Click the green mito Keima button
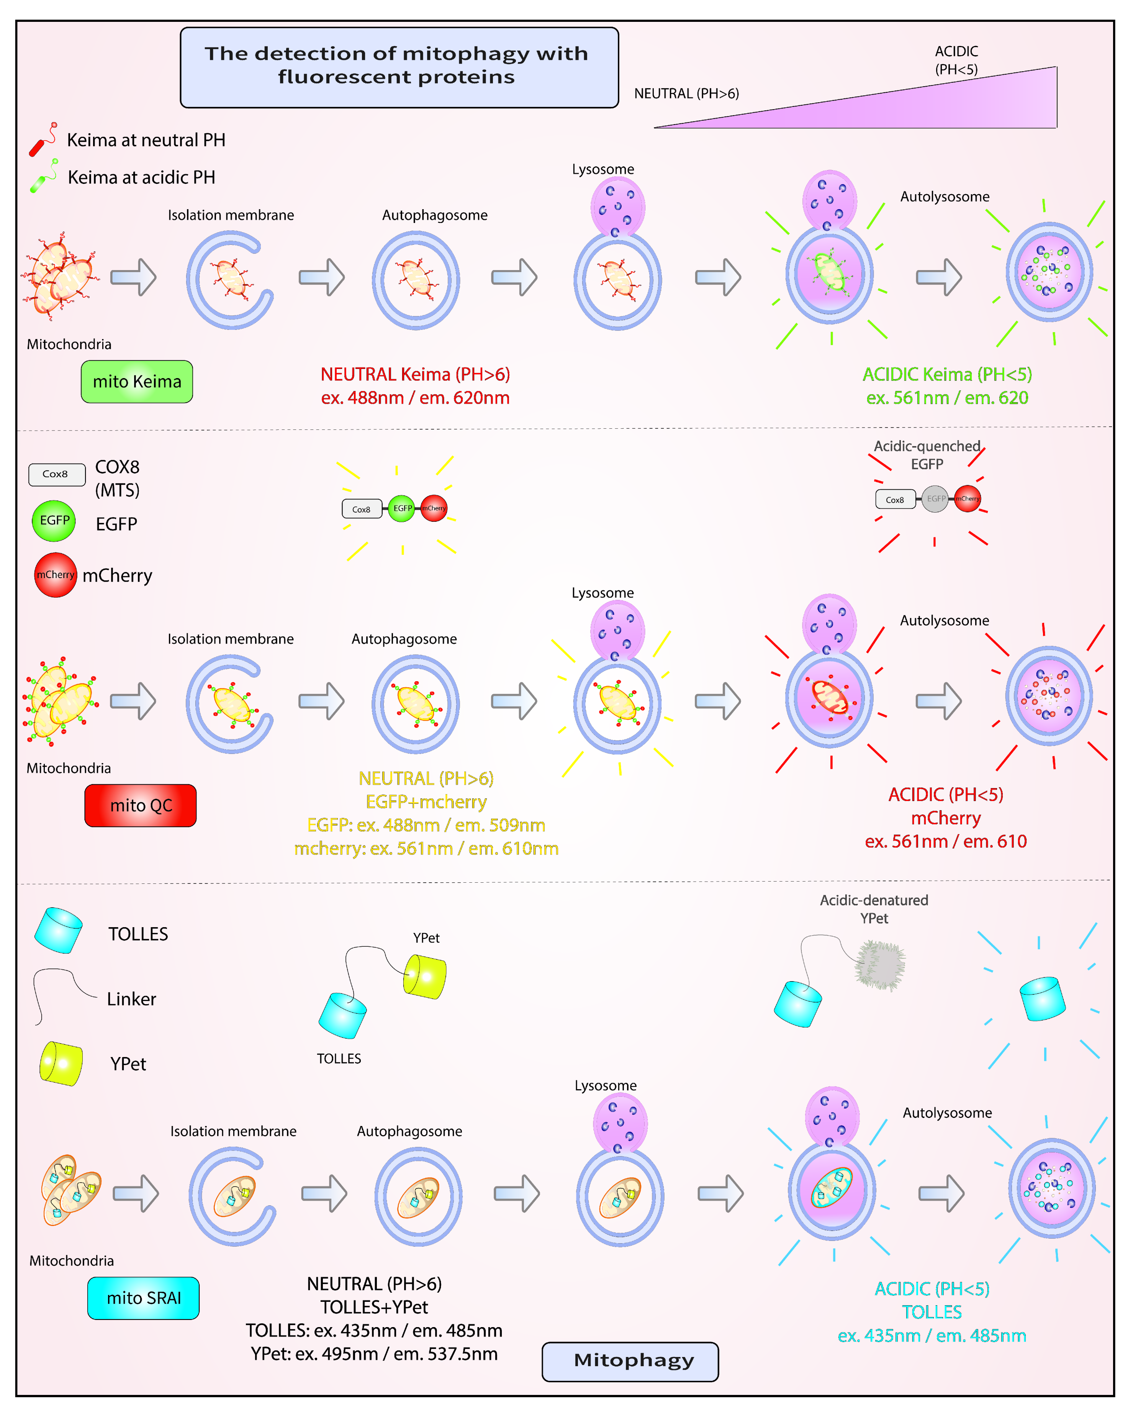(137, 382)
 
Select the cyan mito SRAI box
(143, 1298)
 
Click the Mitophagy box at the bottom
(630, 1361)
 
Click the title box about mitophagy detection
(399, 67)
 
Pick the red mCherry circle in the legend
(56, 575)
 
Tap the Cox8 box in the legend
(57, 474)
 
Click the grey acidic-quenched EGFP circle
(935, 499)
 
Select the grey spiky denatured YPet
(881, 965)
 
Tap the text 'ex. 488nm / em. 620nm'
(415, 398)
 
